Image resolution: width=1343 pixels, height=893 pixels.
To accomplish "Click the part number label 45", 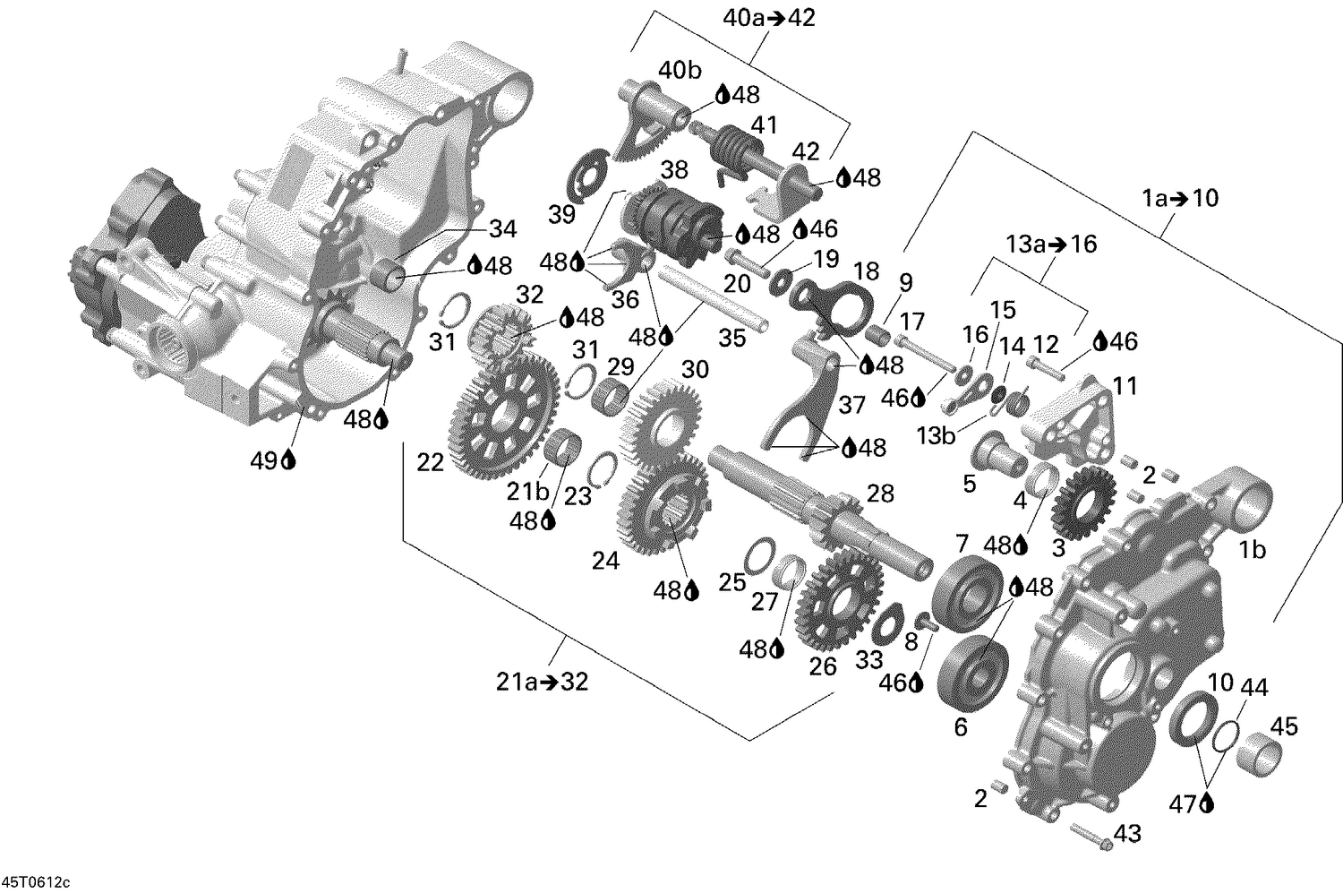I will [x=1284, y=726].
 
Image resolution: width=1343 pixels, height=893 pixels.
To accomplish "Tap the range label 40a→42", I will [x=769, y=17].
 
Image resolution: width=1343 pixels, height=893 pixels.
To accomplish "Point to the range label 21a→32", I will [x=543, y=682].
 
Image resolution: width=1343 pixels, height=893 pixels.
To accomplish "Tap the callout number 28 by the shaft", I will [x=880, y=494].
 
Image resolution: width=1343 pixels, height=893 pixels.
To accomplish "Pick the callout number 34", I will [x=502, y=229].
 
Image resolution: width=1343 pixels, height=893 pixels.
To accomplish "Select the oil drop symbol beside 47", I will [x=1207, y=803].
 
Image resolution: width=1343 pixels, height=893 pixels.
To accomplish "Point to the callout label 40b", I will [x=681, y=70].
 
